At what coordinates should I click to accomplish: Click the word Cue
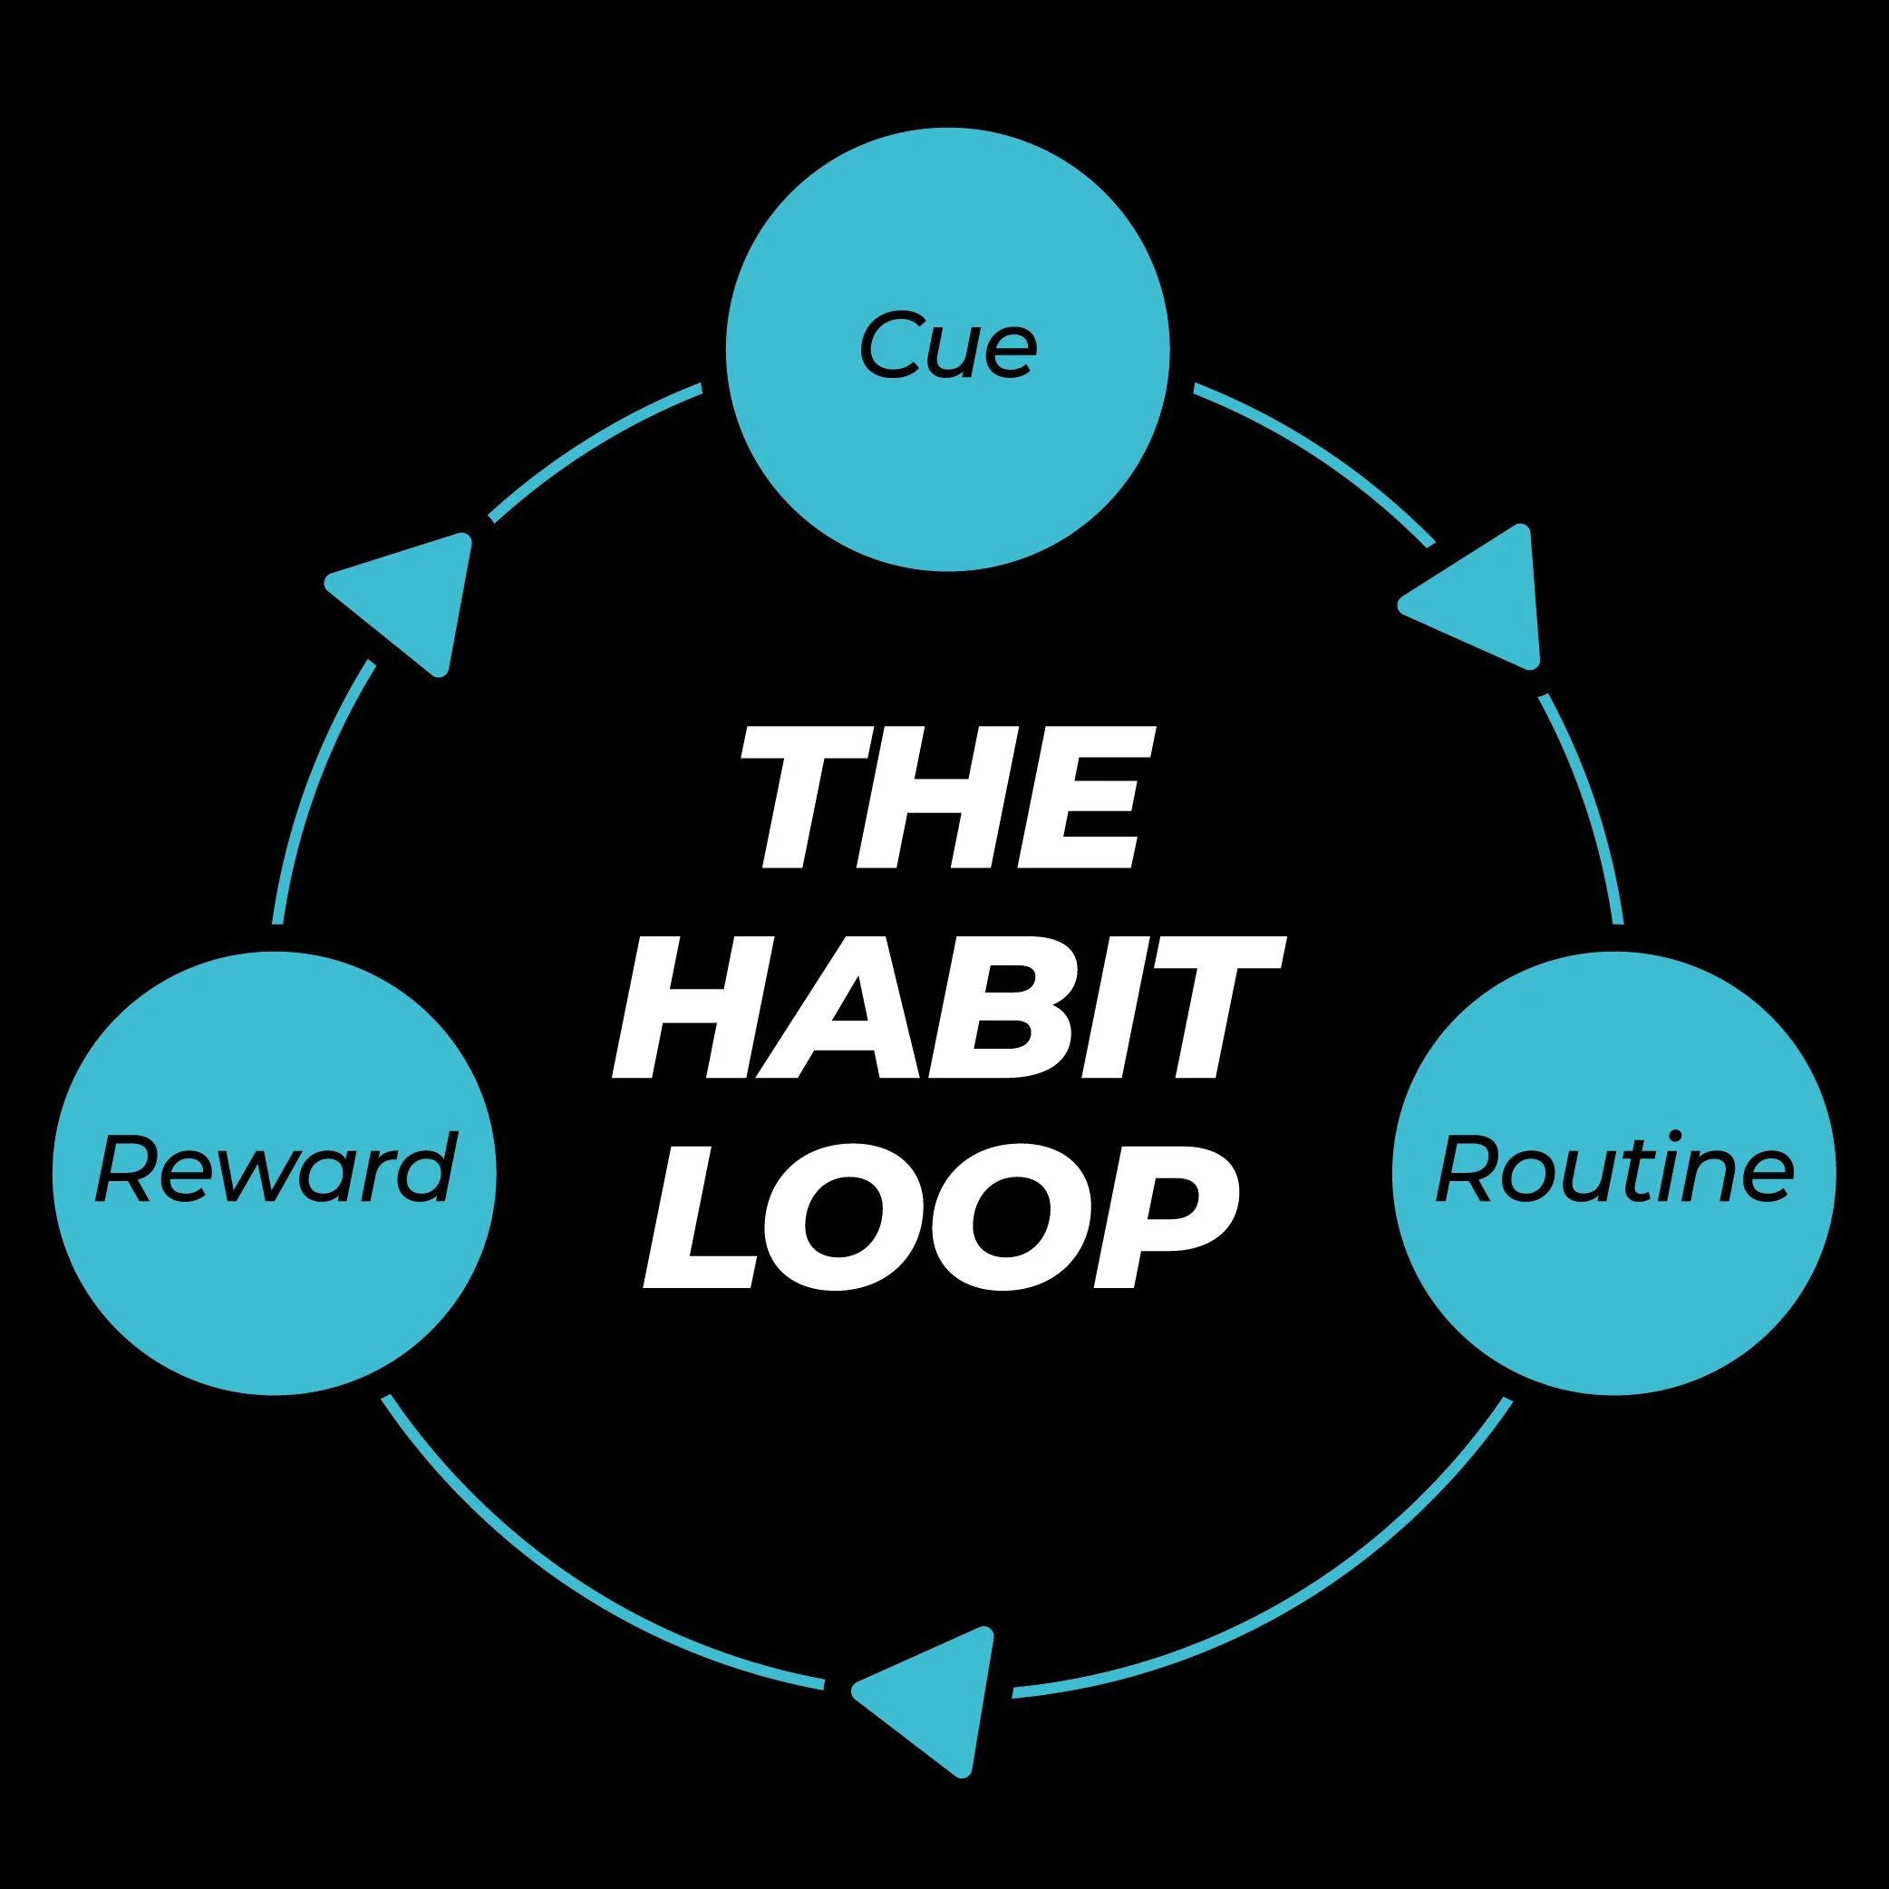pyautogui.click(x=946, y=345)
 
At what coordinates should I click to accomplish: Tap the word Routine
pyautogui.click(x=1613, y=1169)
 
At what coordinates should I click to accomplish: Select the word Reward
pyautogui.click(x=276, y=1169)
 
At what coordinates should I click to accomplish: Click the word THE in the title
pyautogui.click(x=946, y=797)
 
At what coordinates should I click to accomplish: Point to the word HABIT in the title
pyautogui.click(x=946, y=1008)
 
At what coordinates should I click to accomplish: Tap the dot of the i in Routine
pyautogui.click(x=1676, y=1134)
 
